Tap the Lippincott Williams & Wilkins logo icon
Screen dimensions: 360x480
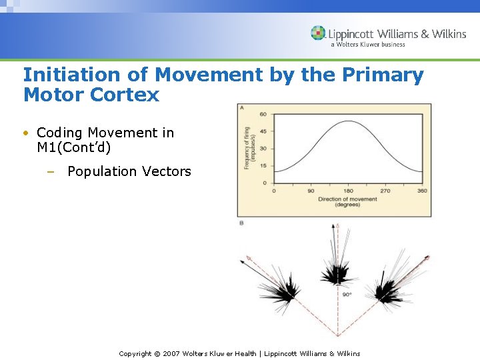(x=318, y=33)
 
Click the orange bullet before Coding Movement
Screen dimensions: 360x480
(x=26, y=133)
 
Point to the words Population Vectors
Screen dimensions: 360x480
(x=129, y=171)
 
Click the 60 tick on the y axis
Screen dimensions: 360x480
(x=263, y=114)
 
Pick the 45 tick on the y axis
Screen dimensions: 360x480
(x=263, y=131)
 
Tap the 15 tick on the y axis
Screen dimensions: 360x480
(x=263, y=165)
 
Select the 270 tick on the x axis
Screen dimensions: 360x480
(x=385, y=191)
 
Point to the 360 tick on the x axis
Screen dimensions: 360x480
(x=421, y=191)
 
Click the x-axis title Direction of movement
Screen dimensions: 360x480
(x=347, y=199)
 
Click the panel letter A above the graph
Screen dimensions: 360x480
(x=241, y=107)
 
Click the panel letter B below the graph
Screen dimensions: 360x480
(x=241, y=223)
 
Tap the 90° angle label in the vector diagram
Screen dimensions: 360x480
(x=347, y=294)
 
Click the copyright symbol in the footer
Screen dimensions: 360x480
(x=158, y=353)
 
